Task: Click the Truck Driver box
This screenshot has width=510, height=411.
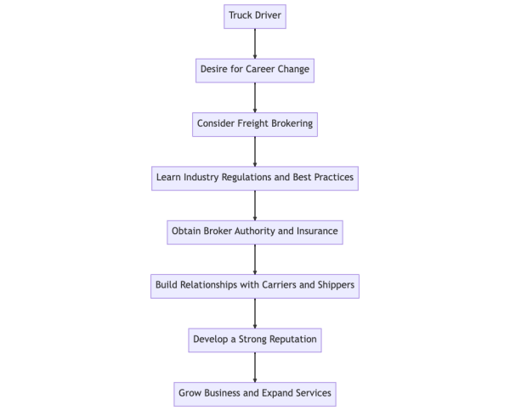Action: coord(255,15)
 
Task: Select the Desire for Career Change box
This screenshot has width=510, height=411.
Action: coord(255,69)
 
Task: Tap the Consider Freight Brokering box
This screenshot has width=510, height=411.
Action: coord(255,123)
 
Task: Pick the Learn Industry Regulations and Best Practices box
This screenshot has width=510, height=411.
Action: coord(255,178)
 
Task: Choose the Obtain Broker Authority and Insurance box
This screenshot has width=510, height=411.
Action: coord(255,231)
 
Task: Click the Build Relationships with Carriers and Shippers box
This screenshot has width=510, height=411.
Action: coord(255,285)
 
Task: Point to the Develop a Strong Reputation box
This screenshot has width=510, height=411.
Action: coord(255,340)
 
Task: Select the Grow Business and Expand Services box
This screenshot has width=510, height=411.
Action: coord(255,394)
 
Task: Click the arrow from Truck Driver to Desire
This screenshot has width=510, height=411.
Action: coord(255,43)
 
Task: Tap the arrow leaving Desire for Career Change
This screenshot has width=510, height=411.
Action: coord(255,96)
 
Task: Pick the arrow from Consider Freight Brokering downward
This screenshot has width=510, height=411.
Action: coord(255,151)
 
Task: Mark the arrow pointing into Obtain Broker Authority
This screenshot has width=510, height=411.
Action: coord(255,205)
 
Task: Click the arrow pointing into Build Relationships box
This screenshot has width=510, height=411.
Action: coord(255,259)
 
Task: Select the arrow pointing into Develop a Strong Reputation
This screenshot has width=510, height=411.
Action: coord(255,312)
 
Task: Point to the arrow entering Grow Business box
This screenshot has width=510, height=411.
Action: coord(255,367)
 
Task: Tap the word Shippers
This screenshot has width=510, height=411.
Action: coord(334,285)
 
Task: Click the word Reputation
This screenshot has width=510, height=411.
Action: coord(289,340)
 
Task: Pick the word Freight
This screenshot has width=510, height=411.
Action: coord(261,123)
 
